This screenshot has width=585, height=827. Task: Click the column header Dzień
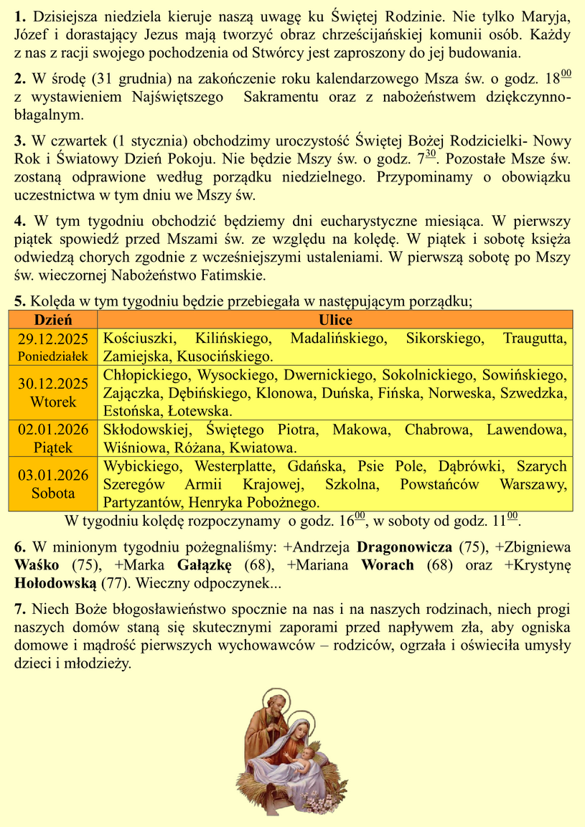(52, 320)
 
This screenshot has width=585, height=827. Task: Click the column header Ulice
(335, 320)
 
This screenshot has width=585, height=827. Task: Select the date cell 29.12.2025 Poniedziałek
(52, 346)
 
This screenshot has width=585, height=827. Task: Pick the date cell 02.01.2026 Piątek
(52, 438)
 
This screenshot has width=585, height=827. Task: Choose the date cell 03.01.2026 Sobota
(52, 483)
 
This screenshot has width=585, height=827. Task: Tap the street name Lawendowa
(527, 430)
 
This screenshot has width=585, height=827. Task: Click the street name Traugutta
(535, 339)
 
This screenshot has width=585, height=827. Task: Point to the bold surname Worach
(388, 565)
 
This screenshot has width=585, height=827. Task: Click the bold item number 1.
(19, 16)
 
